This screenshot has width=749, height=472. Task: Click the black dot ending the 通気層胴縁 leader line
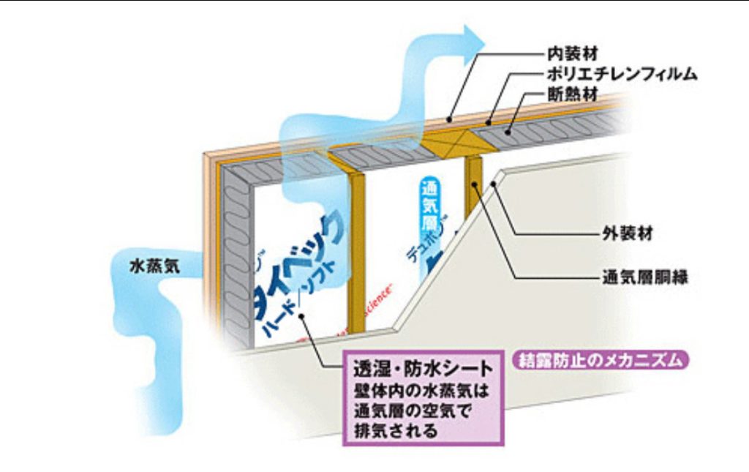474,184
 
